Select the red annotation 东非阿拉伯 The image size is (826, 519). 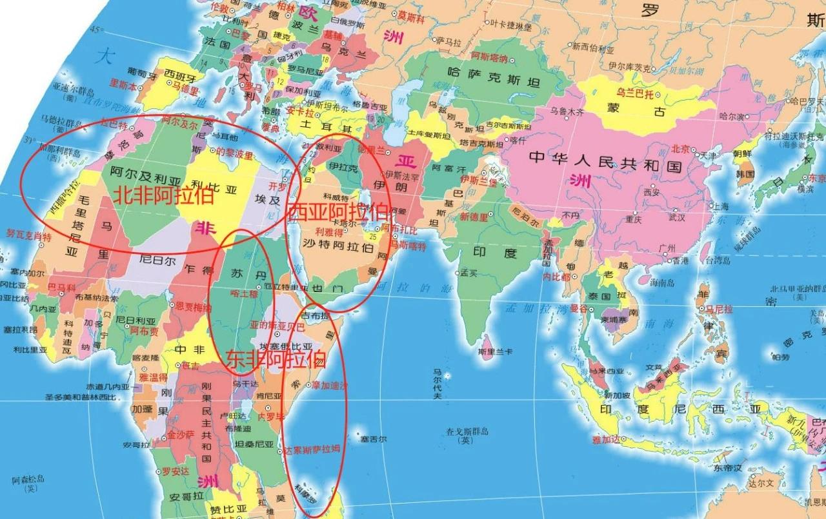274,359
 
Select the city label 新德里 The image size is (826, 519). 473,217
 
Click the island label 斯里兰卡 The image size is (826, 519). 496,352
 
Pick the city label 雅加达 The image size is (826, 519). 607,440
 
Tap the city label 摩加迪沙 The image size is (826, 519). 329,386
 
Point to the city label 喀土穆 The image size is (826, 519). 244,293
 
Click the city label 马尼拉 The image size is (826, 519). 719,309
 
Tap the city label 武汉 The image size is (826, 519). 677,217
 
